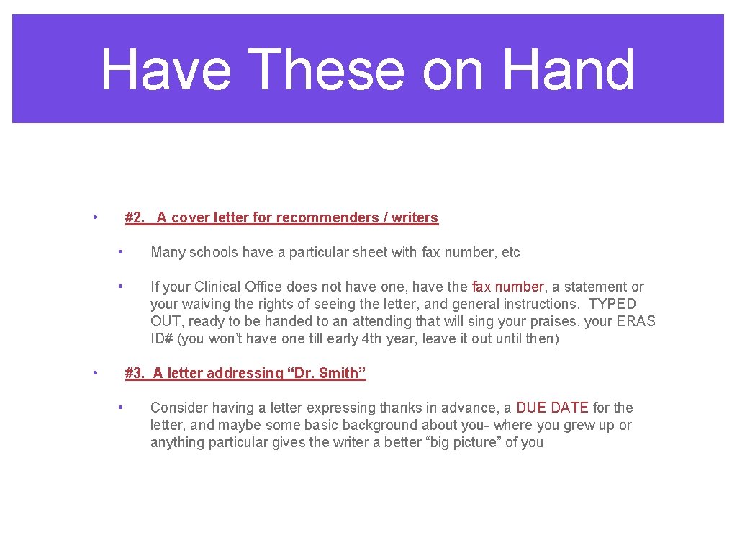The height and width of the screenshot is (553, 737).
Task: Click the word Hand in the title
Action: coord(568,70)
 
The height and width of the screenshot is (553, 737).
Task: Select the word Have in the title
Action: coord(166,70)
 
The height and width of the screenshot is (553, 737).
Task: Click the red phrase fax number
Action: coord(507,287)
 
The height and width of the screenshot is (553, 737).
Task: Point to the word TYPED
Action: coord(612,304)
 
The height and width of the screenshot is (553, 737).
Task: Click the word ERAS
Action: coord(636,321)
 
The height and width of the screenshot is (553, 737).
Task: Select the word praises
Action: coord(563,321)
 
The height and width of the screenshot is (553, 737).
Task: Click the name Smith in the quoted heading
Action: coord(338,373)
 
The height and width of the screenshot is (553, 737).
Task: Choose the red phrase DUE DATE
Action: coord(552,408)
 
